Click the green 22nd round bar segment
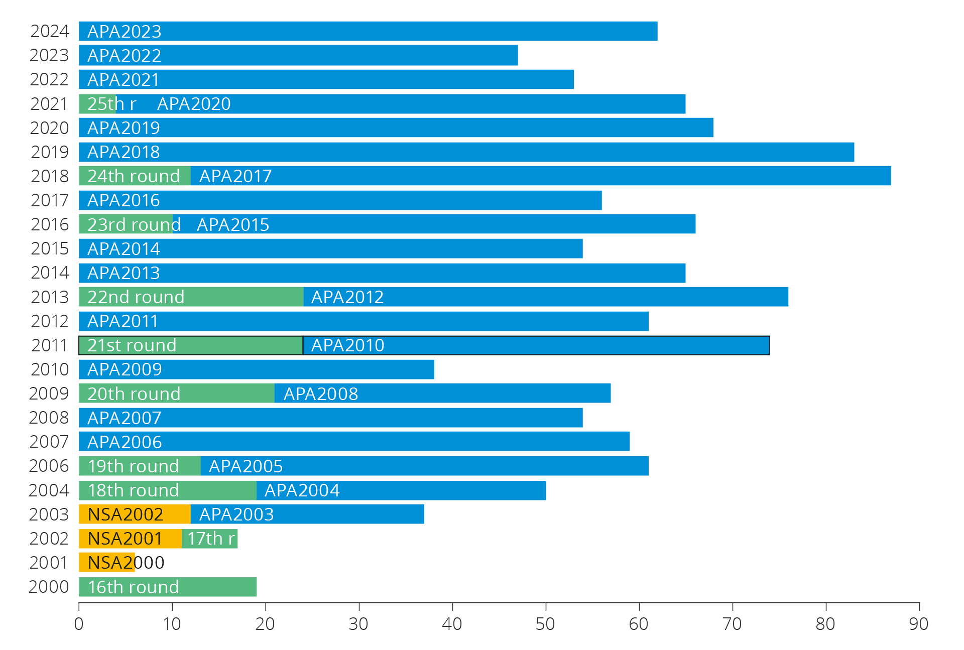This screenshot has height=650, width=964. point(191,297)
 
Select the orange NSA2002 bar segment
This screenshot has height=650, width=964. point(135,514)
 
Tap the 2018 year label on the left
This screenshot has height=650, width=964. point(49,176)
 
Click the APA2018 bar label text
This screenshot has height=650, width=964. point(124,152)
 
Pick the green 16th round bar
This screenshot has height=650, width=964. point(168,587)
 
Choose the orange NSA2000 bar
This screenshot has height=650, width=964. point(106,563)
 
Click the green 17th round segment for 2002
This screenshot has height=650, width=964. point(209,539)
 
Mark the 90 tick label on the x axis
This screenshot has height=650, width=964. point(918,624)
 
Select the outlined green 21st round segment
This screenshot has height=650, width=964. point(191,345)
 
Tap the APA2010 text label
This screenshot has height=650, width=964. point(347,345)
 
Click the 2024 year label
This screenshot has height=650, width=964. point(49,31)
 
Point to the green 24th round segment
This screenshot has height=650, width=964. point(135,176)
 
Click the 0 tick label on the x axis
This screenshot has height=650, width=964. point(79,624)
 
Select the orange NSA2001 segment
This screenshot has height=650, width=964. point(130,539)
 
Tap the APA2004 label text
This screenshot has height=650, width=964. point(302,490)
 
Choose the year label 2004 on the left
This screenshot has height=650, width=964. point(49,490)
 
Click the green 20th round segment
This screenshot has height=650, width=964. point(177,394)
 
